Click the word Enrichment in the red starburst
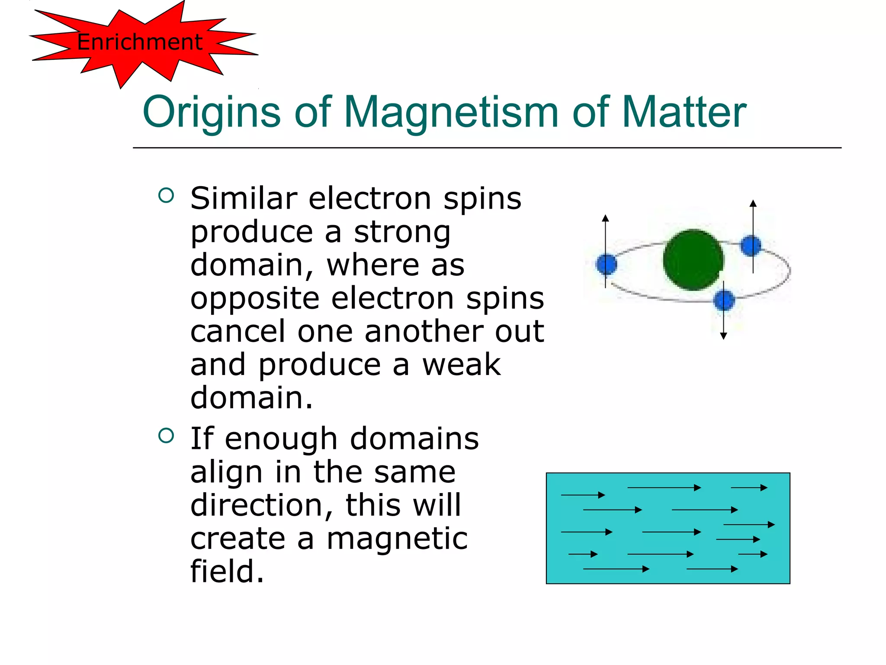(139, 42)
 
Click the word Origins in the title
(212, 113)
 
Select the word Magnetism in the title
(451, 113)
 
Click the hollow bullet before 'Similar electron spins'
(166, 195)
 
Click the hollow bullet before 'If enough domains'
(166, 436)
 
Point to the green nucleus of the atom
(693, 259)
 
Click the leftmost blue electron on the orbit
(606, 264)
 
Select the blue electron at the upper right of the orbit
(751, 245)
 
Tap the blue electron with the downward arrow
(724, 300)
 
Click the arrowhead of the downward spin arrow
(723, 336)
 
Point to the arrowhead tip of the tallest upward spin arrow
(753, 202)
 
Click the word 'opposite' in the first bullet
(255, 299)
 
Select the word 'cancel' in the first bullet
(238, 331)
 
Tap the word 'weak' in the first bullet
(461, 365)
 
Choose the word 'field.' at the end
(227, 571)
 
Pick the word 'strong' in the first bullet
(402, 232)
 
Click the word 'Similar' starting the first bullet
(244, 199)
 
